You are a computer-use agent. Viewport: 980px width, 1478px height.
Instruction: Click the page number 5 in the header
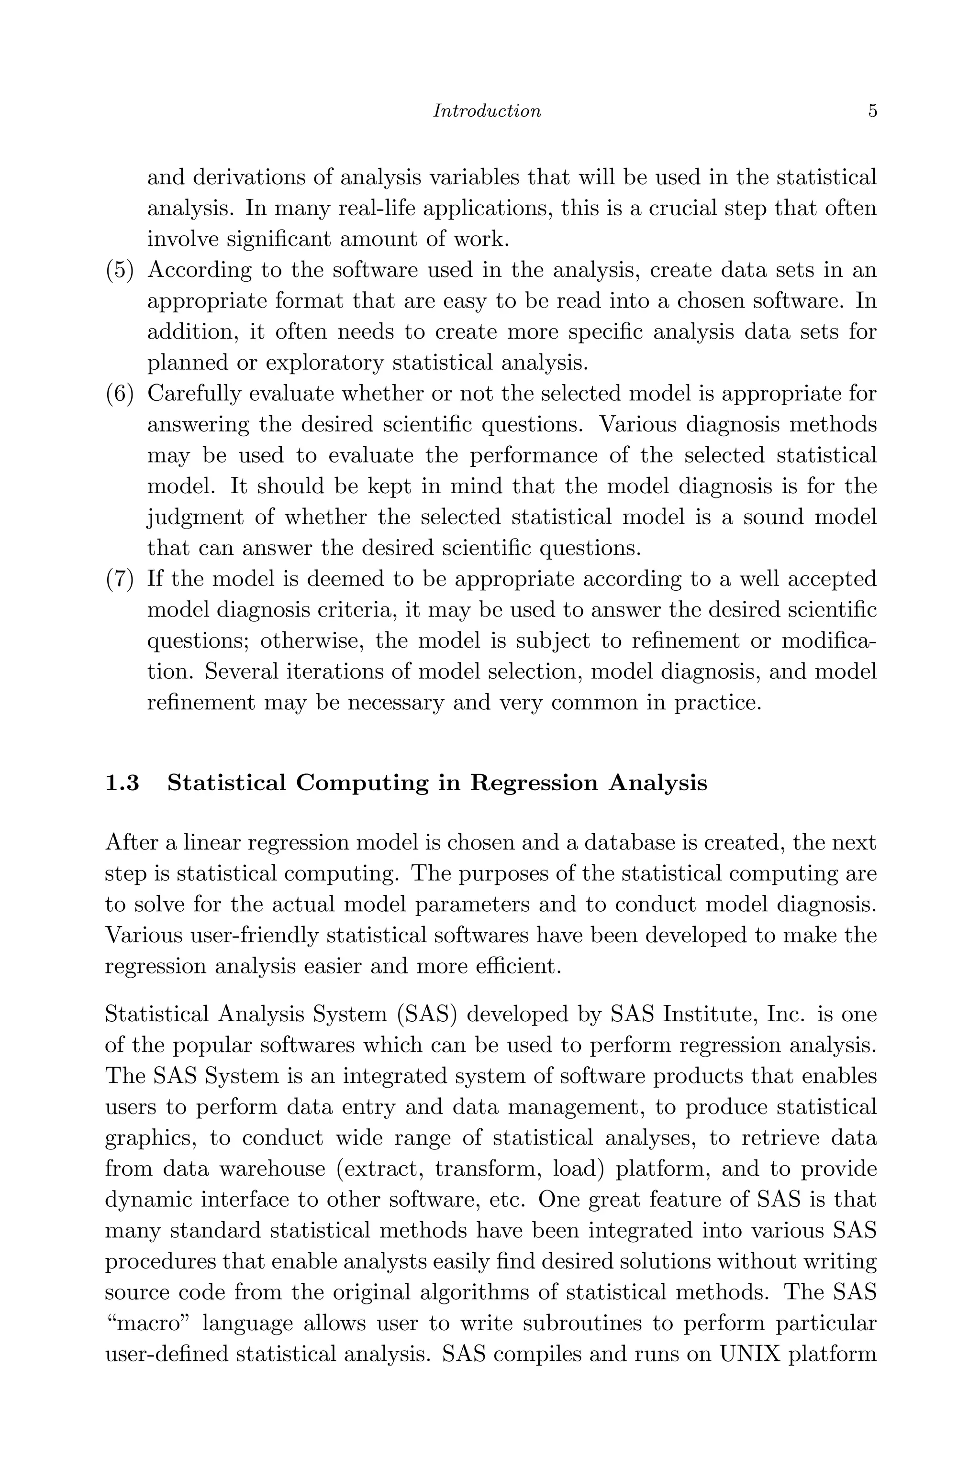(x=872, y=111)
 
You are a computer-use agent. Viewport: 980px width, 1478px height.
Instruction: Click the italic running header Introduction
(x=487, y=111)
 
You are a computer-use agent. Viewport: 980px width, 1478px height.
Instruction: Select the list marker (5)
(x=119, y=270)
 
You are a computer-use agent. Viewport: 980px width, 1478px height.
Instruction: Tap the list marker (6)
(x=119, y=394)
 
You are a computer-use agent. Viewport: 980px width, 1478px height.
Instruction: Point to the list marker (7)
(x=119, y=579)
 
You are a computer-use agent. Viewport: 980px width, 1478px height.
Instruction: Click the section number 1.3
(x=122, y=783)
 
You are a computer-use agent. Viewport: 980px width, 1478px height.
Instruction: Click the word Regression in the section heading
(x=534, y=783)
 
